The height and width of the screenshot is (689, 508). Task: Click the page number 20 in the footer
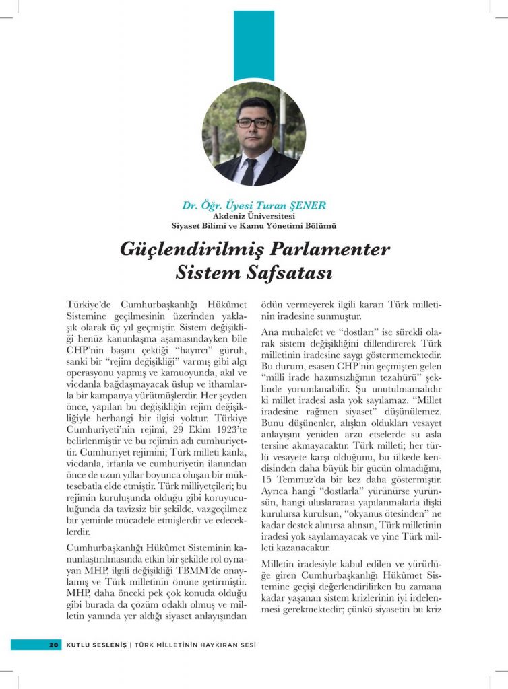[x=53, y=645]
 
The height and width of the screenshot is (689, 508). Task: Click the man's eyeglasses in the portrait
[x=253, y=123]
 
